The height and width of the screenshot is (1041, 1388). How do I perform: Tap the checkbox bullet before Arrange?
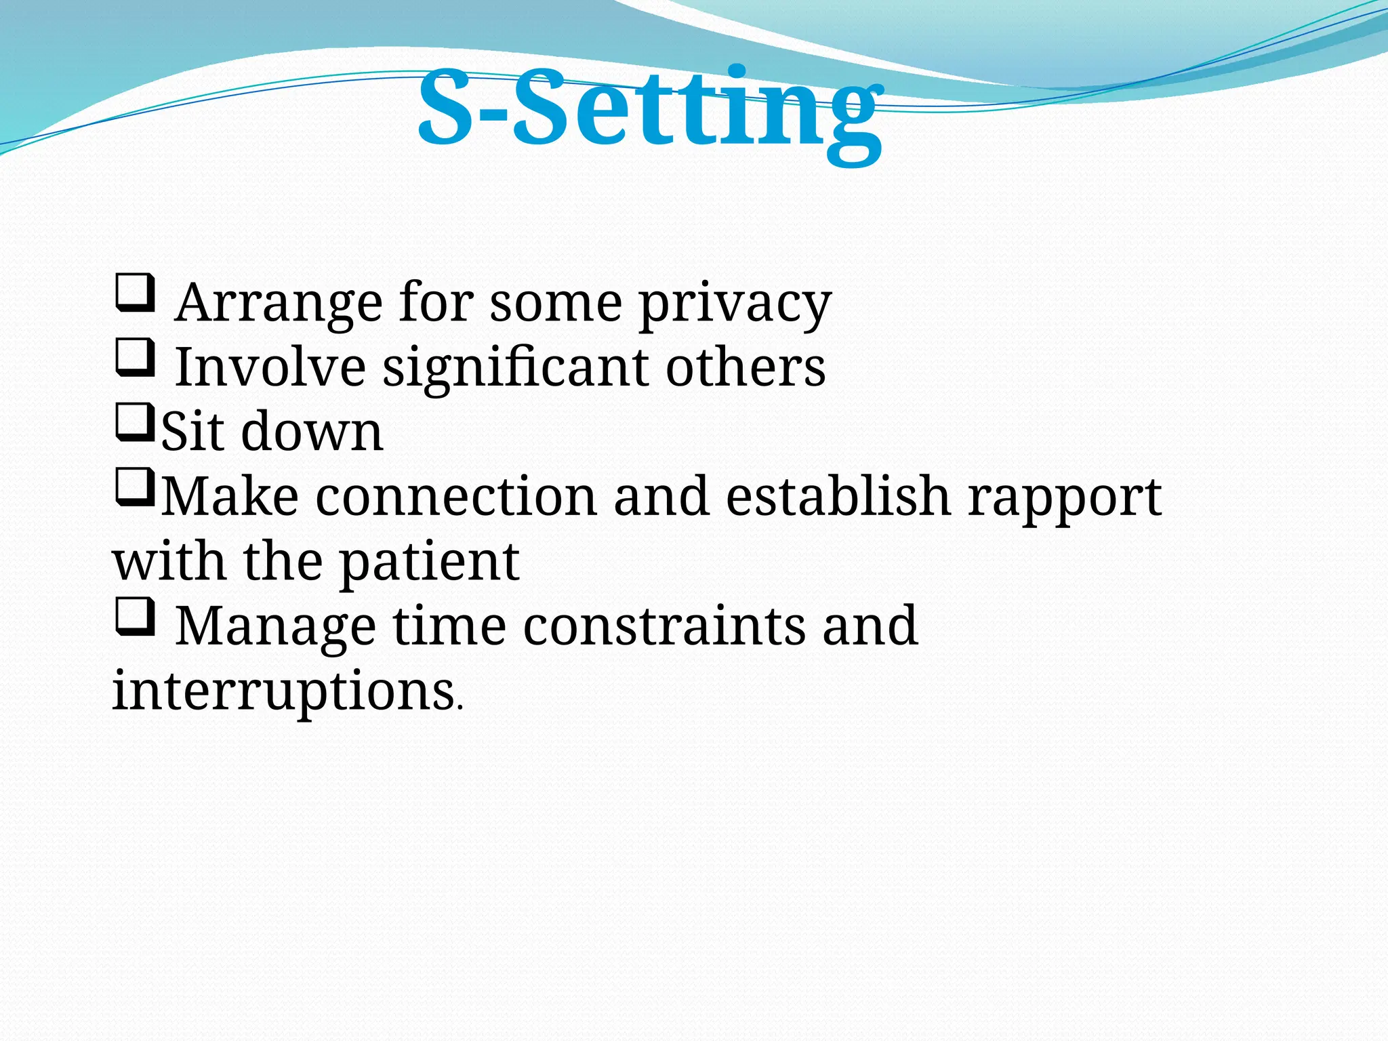pos(135,293)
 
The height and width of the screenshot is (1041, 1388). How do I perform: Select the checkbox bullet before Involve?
pos(135,358)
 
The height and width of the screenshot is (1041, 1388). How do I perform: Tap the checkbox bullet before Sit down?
pos(135,422)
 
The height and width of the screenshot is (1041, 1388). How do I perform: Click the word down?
pos(312,432)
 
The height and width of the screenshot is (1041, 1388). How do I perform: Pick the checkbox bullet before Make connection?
pos(135,487)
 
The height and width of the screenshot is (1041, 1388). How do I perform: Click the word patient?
pos(428,562)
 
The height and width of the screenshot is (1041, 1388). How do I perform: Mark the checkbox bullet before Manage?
pos(135,617)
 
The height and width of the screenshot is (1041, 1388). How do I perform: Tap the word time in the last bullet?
pos(449,626)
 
